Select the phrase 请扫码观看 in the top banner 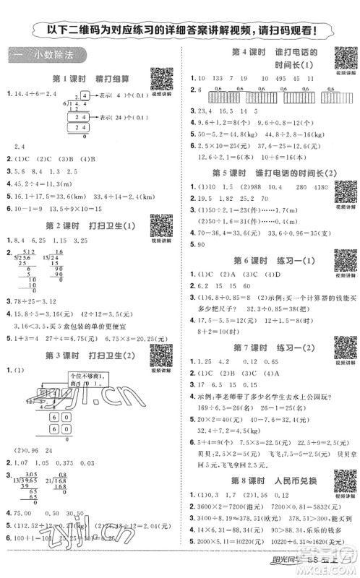click(286, 30)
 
